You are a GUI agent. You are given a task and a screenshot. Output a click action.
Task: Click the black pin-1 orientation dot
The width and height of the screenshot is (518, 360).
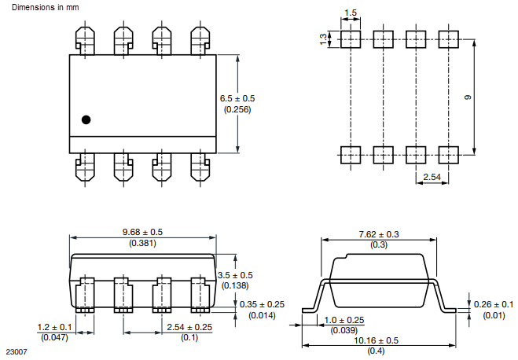[x=86, y=119]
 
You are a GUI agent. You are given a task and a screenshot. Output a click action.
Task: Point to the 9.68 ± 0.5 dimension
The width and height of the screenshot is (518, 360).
[x=142, y=233]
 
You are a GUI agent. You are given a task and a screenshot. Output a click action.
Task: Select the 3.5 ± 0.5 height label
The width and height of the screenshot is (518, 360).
[x=235, y=275]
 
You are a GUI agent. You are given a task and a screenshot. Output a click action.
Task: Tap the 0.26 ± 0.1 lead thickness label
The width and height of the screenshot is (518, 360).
[x=494, y=304]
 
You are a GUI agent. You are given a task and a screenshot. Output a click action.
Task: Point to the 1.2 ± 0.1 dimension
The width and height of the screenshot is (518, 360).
[x=55, y=326]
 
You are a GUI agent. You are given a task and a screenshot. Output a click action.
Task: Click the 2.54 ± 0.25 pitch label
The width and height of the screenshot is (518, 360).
[x=189, y=326]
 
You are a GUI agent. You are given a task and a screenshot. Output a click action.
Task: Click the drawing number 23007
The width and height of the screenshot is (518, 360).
[x=16, y=352]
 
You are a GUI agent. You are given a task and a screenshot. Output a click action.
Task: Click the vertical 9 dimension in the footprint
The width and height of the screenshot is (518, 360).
[x=467, y=97]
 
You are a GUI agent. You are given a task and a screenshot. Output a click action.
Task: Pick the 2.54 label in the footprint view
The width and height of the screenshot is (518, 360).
[x=432, y=178]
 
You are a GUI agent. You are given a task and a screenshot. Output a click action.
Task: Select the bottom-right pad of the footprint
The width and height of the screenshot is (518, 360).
[x=447, y=154]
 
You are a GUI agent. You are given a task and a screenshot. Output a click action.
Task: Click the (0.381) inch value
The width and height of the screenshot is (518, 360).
[x=142, y=244]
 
